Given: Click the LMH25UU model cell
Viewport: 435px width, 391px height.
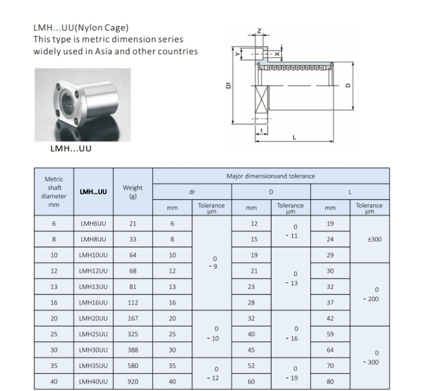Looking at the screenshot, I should point(94,335).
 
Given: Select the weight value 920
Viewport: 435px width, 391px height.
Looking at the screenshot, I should point(133,382).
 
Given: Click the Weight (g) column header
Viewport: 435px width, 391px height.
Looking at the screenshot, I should point(133,192).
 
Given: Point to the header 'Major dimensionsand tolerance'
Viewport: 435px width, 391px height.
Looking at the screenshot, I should point(271,176).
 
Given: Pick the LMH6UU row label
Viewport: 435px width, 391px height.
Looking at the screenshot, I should point(94,224).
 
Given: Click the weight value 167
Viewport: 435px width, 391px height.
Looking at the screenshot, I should point(133,318).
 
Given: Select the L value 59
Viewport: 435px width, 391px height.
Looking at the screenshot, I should point(330,335).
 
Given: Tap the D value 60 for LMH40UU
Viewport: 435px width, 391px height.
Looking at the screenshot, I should point(251,382).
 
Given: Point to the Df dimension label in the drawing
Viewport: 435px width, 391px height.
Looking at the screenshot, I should point(228,86).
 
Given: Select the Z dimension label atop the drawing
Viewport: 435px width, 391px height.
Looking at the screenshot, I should point(259,30).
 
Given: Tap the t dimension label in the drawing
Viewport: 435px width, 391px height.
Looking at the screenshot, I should point(261,130).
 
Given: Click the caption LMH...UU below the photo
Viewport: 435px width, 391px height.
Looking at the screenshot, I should point(71,149).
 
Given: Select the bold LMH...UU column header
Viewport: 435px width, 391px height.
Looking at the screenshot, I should point(94,192).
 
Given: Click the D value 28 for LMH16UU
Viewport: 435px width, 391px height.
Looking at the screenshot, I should point(251,303).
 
